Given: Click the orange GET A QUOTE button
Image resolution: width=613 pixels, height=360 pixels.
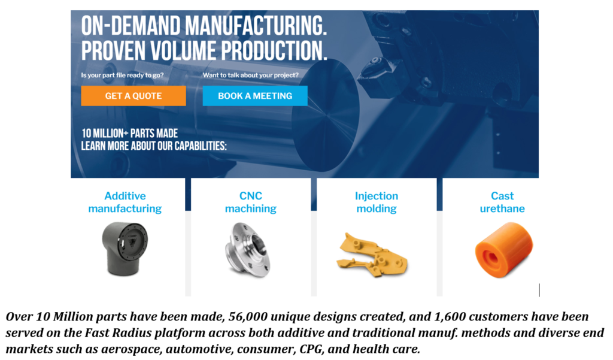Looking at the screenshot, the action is click(133, 96).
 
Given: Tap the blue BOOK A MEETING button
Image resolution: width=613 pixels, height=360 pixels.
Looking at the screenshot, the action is click(255, 96).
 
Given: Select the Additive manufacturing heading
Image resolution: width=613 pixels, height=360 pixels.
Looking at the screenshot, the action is click(125, 202).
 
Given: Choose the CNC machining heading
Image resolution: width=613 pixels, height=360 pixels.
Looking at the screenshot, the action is click(251, 202).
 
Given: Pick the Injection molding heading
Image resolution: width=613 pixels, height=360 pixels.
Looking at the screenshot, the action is click(377, 202).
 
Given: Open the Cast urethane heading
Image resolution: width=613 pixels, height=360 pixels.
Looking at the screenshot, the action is click(502, 202).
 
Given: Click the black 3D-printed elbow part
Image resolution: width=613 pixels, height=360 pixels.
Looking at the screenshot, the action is click(125, 249).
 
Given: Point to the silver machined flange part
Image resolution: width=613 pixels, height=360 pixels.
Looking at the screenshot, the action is click(247, 250).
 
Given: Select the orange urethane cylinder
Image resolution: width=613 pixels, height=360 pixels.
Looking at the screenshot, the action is click(503, 250).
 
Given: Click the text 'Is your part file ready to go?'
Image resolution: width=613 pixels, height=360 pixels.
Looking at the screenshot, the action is click(122, 75).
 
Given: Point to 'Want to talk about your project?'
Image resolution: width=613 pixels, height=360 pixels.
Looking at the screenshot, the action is click(251, 75).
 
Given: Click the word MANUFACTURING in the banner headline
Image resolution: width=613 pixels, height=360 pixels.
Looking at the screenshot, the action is click(256, 26).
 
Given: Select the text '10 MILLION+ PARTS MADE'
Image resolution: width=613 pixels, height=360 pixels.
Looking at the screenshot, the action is click(129, 134).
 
